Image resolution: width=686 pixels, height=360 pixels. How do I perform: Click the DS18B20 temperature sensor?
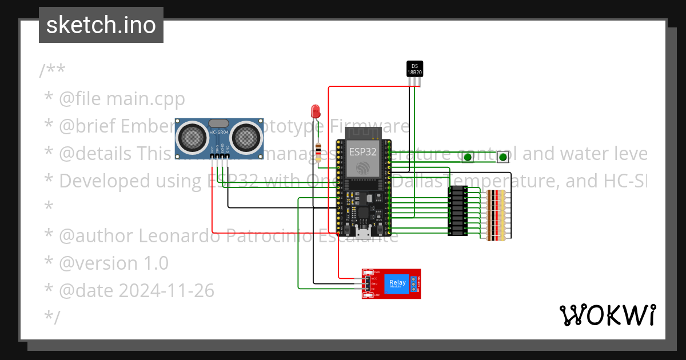tap(414, 69)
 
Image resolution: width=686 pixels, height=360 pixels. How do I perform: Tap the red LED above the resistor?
tap(315, 110)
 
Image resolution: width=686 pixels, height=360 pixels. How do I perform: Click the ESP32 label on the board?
tap(363, 152)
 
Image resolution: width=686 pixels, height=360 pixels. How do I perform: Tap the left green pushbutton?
tap(468, 157)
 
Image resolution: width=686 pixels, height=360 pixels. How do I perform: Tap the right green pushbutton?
tap(502, 157)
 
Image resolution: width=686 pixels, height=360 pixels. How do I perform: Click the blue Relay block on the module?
tap(397, 284)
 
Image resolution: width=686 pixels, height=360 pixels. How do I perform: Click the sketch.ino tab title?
tap(101, 25)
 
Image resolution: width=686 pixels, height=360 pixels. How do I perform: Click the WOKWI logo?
tap(607, 315)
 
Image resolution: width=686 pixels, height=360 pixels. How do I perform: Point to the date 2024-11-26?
tap(166, 291)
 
